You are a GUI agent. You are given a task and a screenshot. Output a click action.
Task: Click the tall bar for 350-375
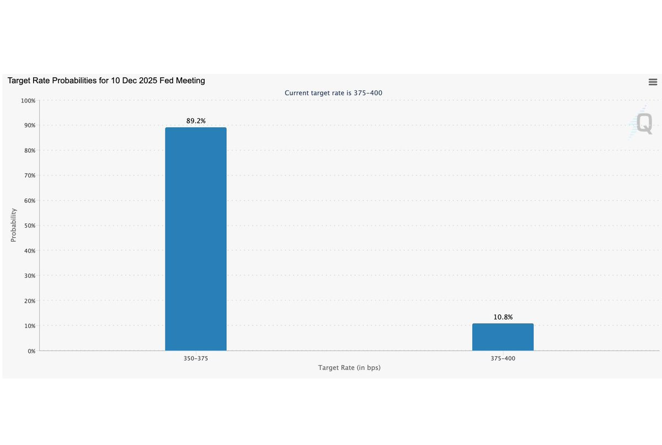pos(196,239)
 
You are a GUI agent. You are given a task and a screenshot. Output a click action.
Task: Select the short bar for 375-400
pos(503,337)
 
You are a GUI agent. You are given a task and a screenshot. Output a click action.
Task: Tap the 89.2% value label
pos(196,121)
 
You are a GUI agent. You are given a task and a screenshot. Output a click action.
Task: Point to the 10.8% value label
pos(503,317)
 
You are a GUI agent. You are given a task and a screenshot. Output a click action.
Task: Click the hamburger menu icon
pos(653,82)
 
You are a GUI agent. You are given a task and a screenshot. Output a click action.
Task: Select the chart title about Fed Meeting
pos(106,81)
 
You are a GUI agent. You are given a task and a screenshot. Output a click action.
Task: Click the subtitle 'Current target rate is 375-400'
pos(333,93)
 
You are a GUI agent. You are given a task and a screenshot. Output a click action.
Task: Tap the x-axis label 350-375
pos(196,358)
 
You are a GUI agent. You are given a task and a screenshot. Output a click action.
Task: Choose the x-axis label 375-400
pos(503,358)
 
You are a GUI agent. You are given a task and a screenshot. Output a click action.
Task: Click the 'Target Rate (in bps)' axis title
pos(349,368)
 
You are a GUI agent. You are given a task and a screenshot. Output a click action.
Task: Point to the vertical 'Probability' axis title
pos(13,225)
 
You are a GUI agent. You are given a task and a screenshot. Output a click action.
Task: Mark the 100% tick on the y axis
pos(28,101)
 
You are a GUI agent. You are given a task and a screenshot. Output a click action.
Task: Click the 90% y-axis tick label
pos(30,125)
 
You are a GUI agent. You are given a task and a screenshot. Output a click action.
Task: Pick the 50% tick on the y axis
pos(30,226)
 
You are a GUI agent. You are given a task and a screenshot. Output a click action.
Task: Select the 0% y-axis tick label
pos(31,351)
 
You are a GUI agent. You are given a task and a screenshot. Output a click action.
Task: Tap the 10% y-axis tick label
pos(30,326)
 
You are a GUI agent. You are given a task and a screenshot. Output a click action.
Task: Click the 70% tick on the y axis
pos(30,175)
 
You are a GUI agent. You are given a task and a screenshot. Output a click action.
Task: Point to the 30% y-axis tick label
pos(30,276)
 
